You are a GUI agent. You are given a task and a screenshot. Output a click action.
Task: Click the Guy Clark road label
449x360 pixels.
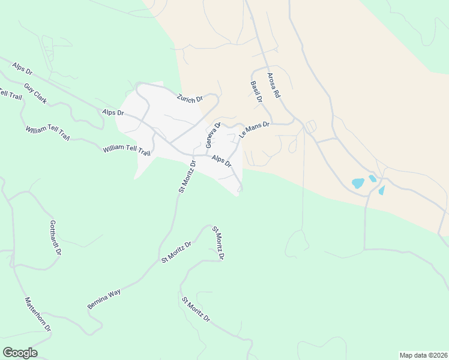pyautogui.click(x=35, y=93)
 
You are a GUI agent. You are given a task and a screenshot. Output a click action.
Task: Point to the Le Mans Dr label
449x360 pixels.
pyautogui.click(x=255, y=130)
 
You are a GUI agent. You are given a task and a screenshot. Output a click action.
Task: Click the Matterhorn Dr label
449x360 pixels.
pyautogui.click(x=38, y=314)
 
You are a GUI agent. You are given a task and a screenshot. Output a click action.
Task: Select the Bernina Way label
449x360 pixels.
pyautogui.click(x=104, y=299)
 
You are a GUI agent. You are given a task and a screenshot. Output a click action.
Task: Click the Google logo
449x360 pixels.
pyautogui.click(x=20, y=353)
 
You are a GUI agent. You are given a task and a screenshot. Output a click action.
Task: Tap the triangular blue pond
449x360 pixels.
pyautogui.click(x=381, y=191)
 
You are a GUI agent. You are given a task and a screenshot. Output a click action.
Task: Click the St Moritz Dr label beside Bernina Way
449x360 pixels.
pyautogui.click(x=176, y=252)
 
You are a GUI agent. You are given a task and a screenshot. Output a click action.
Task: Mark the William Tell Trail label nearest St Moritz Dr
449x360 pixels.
pyautogui.click(x=126, y=149)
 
